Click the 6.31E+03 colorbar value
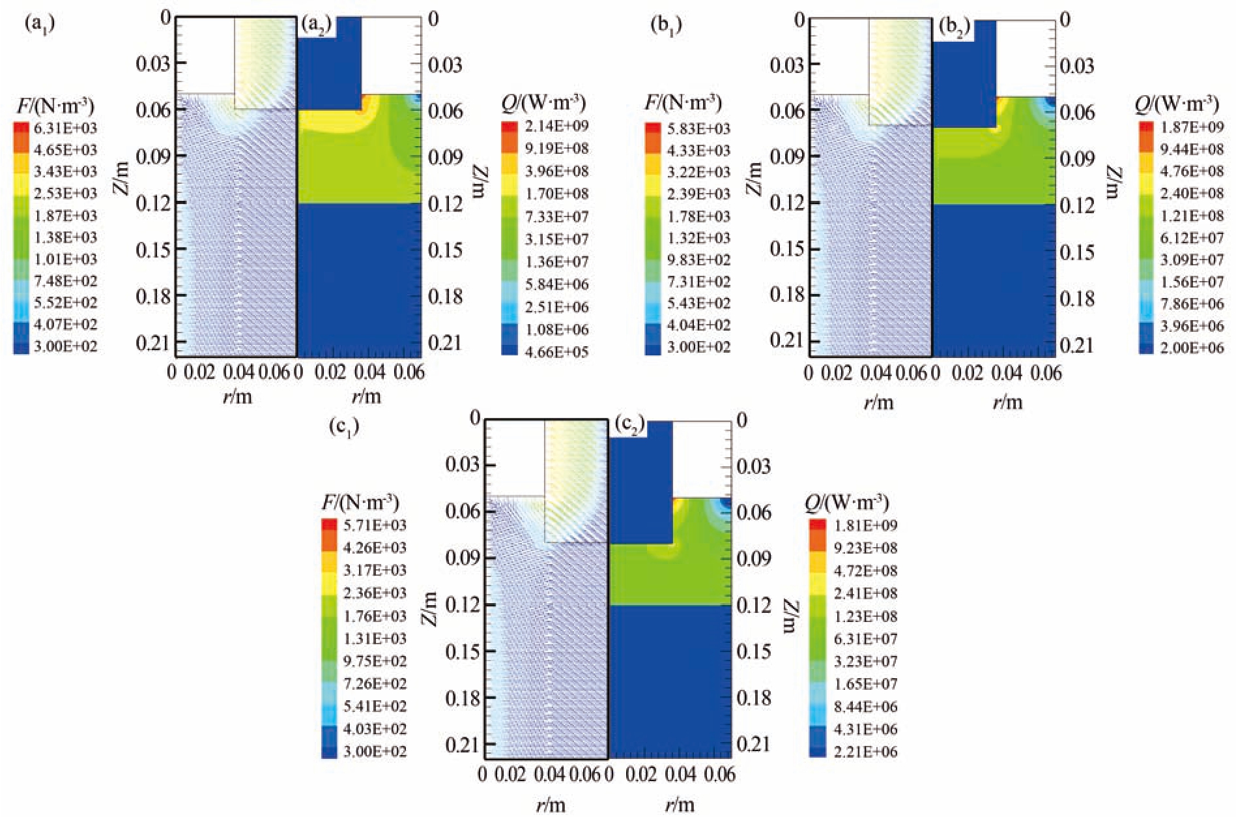[65, 128]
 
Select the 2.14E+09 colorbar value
[556, 126]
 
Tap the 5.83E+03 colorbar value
[698, 128]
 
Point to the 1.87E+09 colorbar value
[1192, 127]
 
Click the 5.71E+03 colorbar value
[375, 525]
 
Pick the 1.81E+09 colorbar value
[865, 525]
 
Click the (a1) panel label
[39, 24]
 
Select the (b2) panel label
[955, 28]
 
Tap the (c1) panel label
[345, 428]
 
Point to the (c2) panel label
[629, 426]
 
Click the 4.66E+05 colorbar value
[556, 352]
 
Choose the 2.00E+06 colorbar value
[1192, 348]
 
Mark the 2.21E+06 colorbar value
[865, 752]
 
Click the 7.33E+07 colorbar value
[556, 216]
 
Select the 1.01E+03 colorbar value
[65, 259]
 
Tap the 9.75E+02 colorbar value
[375, 661]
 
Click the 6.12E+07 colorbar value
[1192, 238]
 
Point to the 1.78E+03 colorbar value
[698, 216]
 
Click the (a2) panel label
[317, 26]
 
